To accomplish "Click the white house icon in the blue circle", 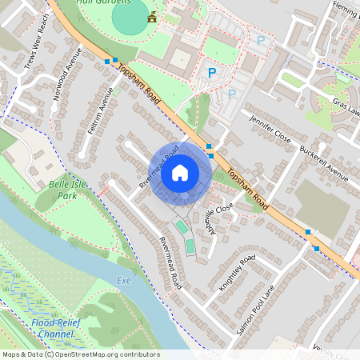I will tap(180, 172).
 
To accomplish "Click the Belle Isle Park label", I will tap(62, 189).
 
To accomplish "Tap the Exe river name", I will tap(123, 281).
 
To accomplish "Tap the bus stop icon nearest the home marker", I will tap(209, 146).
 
